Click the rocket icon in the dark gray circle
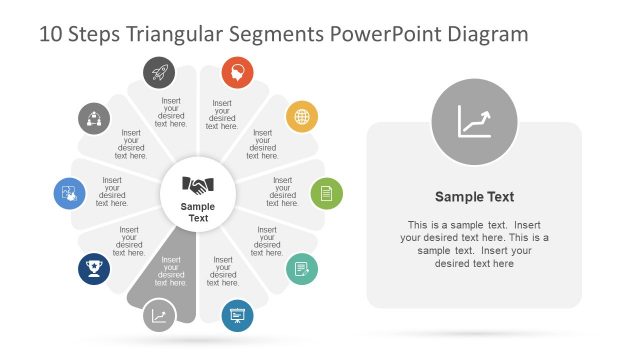point(160,71)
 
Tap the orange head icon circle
point(237,71)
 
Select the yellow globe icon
point(301,117)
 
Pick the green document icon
point(326,192)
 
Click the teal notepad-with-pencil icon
point(302,268)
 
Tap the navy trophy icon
point(94,268)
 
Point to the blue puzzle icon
point(69,192)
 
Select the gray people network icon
point(94,118)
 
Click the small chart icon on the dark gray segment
point(159,316)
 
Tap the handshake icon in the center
point(198,185)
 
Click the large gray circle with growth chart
point(474,123)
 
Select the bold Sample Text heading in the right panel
point(474,197)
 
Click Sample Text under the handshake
point(198,212)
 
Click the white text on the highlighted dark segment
point(171,271)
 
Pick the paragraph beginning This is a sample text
point(474,244)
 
